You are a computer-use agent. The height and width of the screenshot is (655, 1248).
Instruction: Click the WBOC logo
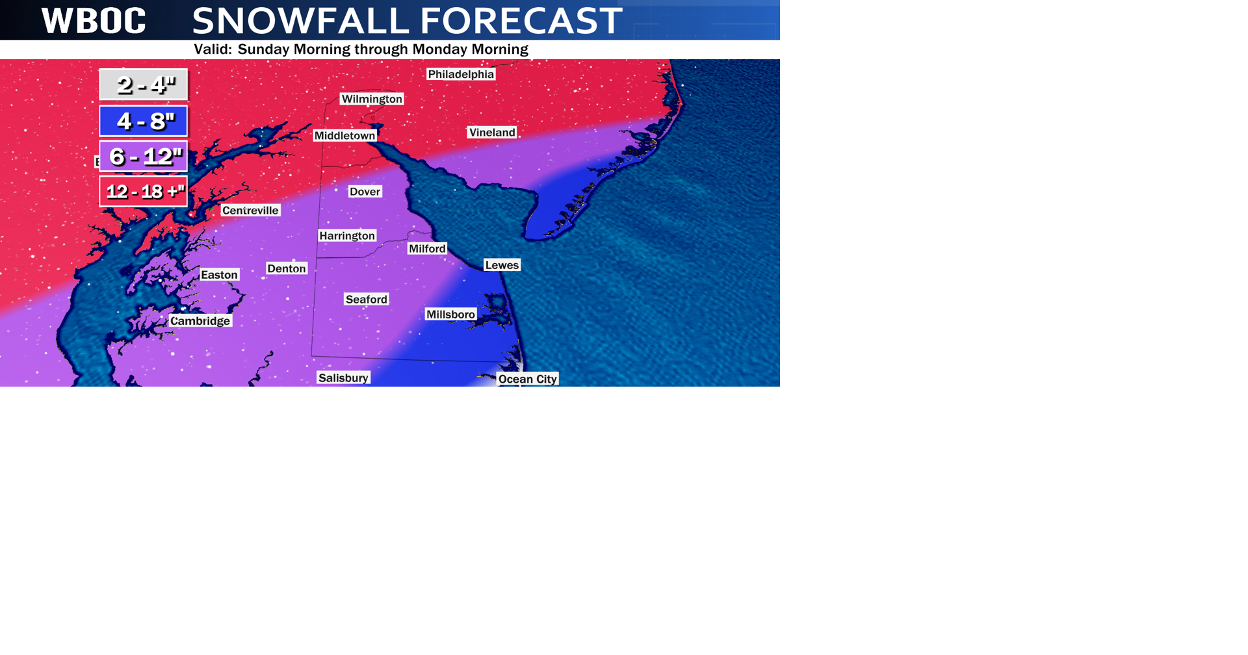pos(94,21)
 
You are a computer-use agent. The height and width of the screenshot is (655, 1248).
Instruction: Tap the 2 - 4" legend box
pos(144,84)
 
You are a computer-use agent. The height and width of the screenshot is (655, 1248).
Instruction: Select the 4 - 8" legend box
pos(144,121)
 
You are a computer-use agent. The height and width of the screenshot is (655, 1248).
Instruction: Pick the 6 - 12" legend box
pos(144,157)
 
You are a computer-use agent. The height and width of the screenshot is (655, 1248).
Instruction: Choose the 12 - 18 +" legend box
pos(144,192)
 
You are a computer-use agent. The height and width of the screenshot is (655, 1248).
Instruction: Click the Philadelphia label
pos(461,74)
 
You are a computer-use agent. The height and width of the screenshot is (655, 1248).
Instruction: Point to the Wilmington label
pos(372,99)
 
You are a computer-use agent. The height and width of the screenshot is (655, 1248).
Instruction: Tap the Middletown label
pos(344,136)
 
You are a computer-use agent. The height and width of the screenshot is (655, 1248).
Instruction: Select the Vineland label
pos(492,133)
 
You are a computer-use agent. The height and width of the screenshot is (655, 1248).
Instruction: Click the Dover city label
pos(365,192)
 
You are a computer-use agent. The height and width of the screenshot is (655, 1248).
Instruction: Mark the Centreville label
pos(250,211)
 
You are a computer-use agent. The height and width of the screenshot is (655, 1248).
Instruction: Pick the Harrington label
pos(347,236)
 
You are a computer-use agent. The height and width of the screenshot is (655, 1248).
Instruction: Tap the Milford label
pos(427,249)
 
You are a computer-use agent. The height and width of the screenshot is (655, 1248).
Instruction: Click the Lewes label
pos(502,265)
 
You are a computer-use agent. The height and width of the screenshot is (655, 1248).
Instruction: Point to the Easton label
pos(219,275)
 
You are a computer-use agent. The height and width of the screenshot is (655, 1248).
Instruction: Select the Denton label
pos(287,269)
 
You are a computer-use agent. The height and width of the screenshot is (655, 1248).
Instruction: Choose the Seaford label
pos(367,300)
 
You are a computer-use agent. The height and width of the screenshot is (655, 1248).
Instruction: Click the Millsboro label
pos(450,315)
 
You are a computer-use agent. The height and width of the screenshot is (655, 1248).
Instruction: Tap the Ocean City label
pos(527,379)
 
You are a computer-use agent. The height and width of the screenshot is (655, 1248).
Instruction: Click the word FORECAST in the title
pos(521,21)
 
